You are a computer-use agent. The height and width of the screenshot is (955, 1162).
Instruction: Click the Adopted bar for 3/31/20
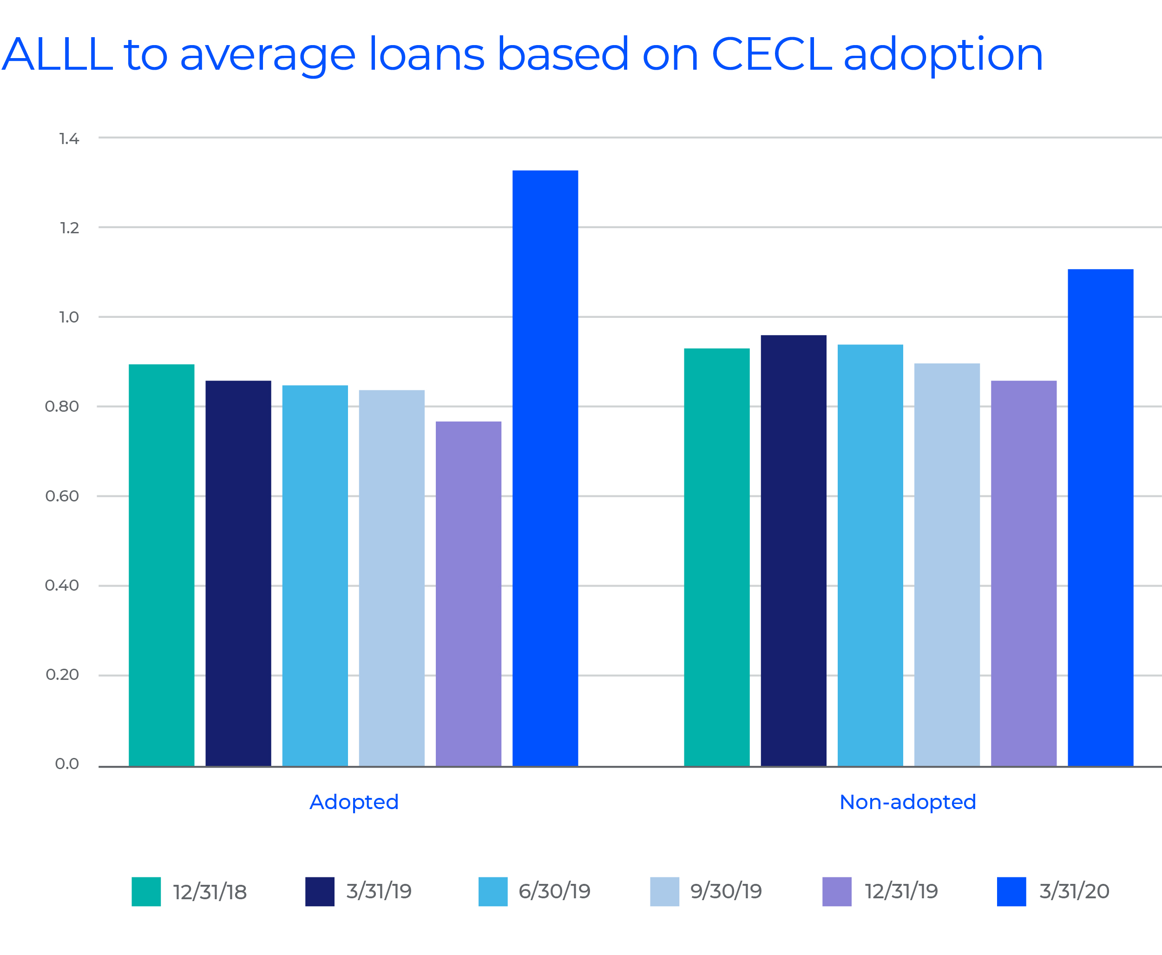(x=545, y=468)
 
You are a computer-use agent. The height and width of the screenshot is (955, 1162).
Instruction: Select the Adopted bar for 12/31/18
(x=161, y=565)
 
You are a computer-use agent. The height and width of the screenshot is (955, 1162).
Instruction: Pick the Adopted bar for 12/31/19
(x=468, y=593)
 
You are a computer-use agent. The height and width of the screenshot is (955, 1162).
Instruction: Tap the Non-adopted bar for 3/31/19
(x=793, y=550)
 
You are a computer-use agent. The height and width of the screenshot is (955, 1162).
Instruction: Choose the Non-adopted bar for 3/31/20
(x=1100, y=517)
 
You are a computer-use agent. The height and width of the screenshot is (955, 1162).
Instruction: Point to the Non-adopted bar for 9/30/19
(x=946, y=565)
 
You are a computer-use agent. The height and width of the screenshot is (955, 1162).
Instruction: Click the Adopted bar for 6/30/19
(x=315, y=575)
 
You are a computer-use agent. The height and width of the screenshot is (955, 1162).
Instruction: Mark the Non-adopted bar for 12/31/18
(x=716, y=557)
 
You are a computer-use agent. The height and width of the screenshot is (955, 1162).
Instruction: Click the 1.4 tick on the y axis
(x=69, y=138)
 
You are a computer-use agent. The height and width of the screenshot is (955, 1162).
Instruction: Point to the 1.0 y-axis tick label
(x=69, y=317)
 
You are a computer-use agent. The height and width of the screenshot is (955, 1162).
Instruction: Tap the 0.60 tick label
(x=62, y=496)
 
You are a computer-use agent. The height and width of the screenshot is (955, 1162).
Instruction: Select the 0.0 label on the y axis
(x=67, y=764)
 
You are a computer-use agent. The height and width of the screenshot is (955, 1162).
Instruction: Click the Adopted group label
(x=354, y=802)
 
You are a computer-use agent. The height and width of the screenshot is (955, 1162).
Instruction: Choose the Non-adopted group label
(x=907, y=802)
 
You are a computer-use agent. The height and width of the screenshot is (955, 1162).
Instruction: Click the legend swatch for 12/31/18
(x=146, y=892)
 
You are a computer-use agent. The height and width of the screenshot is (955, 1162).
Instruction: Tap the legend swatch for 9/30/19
(x=664, y=892)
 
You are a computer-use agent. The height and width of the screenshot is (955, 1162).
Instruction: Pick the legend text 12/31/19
(x=901, y=892)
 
